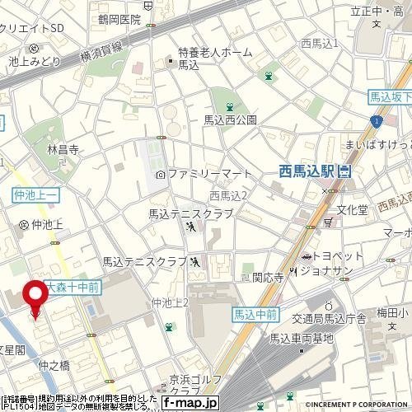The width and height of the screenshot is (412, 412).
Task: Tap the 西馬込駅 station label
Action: coord(307,171)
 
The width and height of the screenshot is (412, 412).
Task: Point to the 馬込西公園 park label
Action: coord(230,119)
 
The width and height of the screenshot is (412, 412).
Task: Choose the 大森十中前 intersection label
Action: coord(73,288)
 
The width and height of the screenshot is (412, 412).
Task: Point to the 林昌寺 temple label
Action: coord(62,150)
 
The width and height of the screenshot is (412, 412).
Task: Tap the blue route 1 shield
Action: coord(376,121)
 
